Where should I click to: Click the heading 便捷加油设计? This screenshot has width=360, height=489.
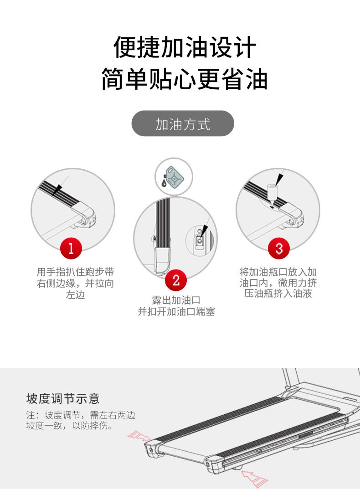coord(185,47)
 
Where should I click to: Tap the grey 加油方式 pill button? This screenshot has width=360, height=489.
coord(183,123)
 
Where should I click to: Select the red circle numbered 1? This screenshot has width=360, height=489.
coord(71,248)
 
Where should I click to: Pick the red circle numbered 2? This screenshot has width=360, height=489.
coord(176,280)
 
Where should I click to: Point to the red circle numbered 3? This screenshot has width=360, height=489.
coord(278,248)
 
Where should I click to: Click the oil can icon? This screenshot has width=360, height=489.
coord(173,177)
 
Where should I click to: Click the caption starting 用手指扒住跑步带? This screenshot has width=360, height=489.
coord(75,283)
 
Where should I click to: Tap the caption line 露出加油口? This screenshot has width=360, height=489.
coord(176,301)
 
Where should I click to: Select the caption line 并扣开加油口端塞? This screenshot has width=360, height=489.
coord(176,311)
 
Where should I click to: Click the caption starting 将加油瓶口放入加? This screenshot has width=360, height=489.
coord(278,283)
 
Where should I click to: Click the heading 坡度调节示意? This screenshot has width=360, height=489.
coord(63,398)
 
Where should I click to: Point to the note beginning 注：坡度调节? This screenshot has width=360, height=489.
coord(81,420)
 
